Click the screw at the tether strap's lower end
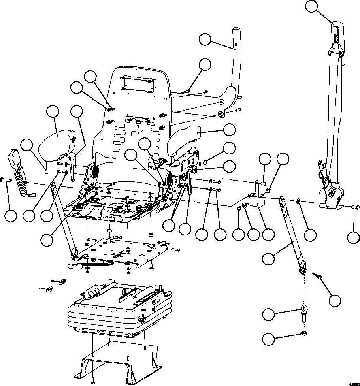pos(319,279)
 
